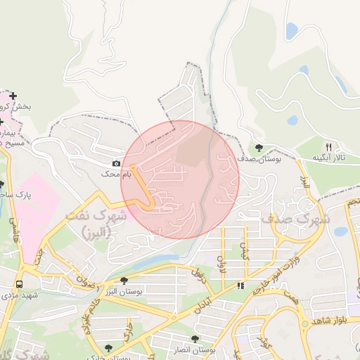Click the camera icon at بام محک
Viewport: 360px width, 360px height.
click(117, 163)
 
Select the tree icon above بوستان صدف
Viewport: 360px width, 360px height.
click(259, 148)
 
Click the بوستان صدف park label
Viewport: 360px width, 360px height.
click(259, 160)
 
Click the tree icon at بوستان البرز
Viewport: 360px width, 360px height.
click(124, 281)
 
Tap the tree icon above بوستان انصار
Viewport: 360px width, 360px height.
click(195, 339)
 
